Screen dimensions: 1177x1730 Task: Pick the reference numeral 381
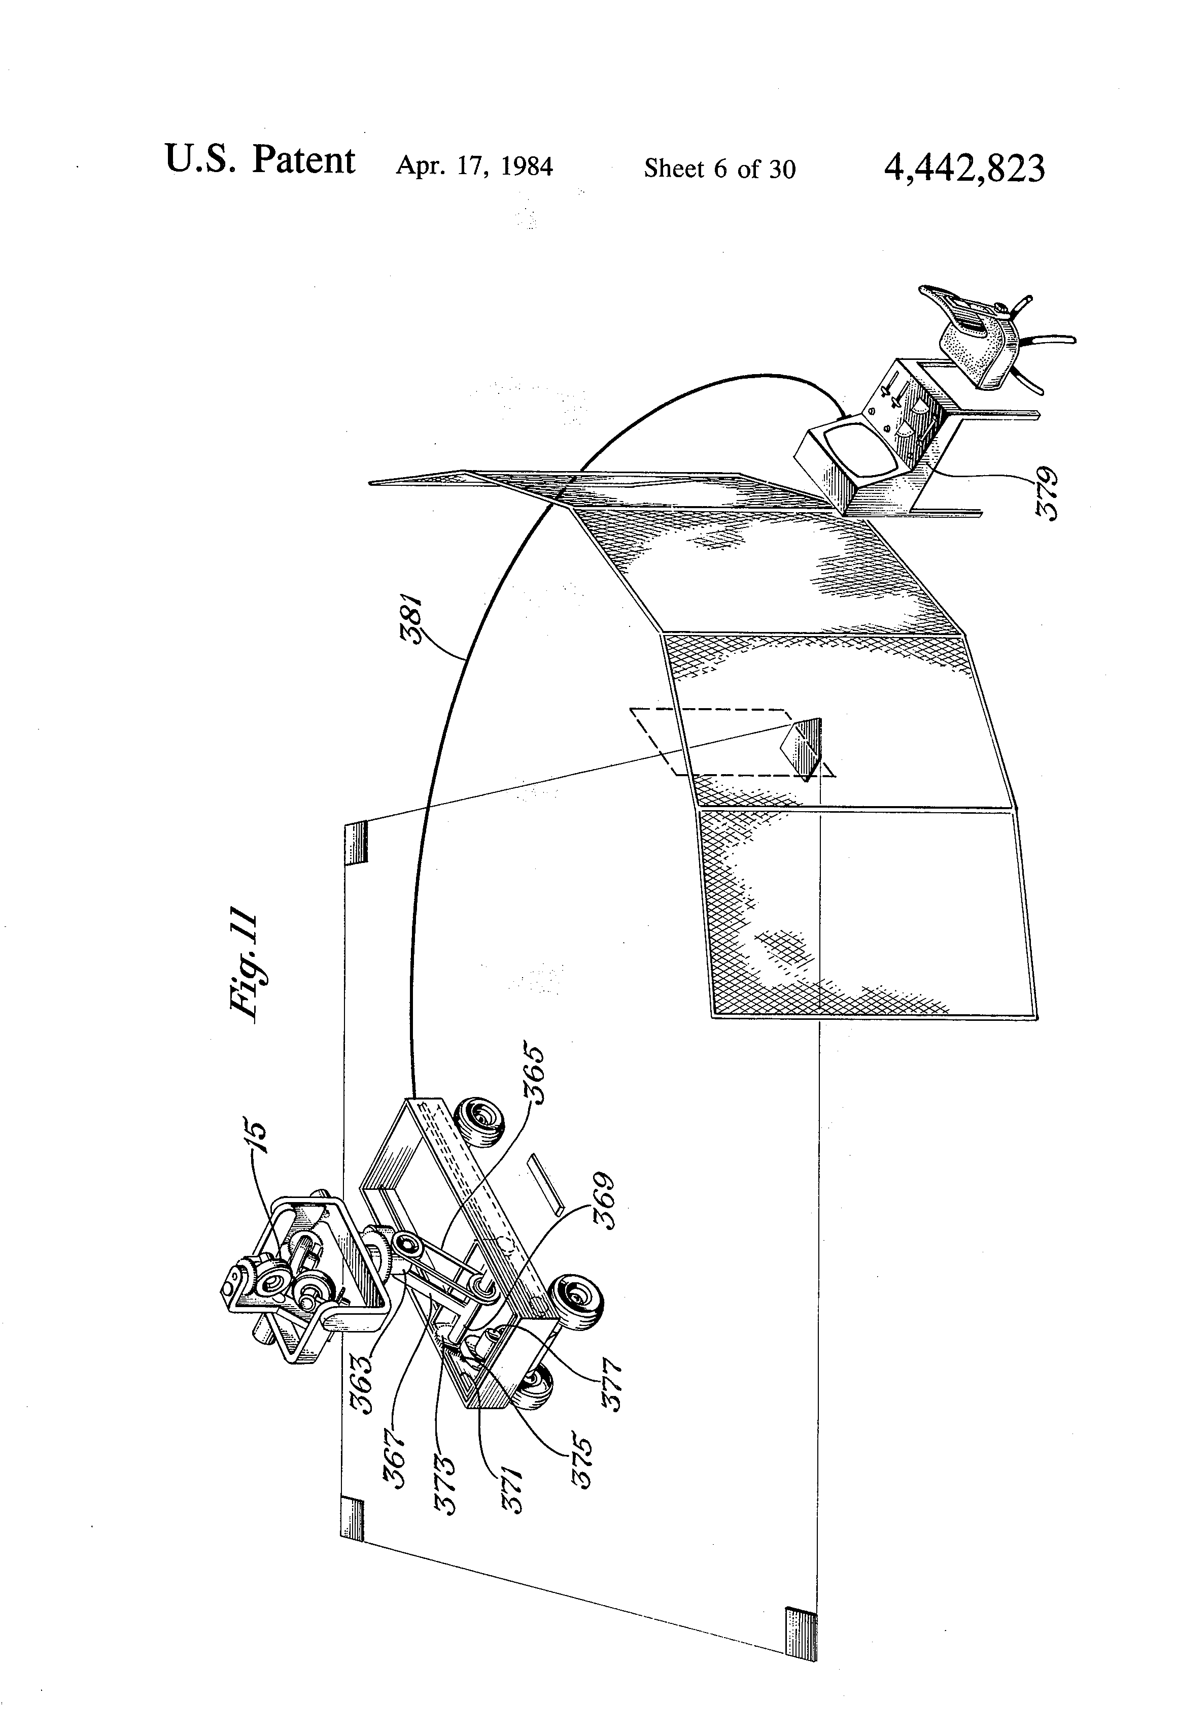click(411, 623)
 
